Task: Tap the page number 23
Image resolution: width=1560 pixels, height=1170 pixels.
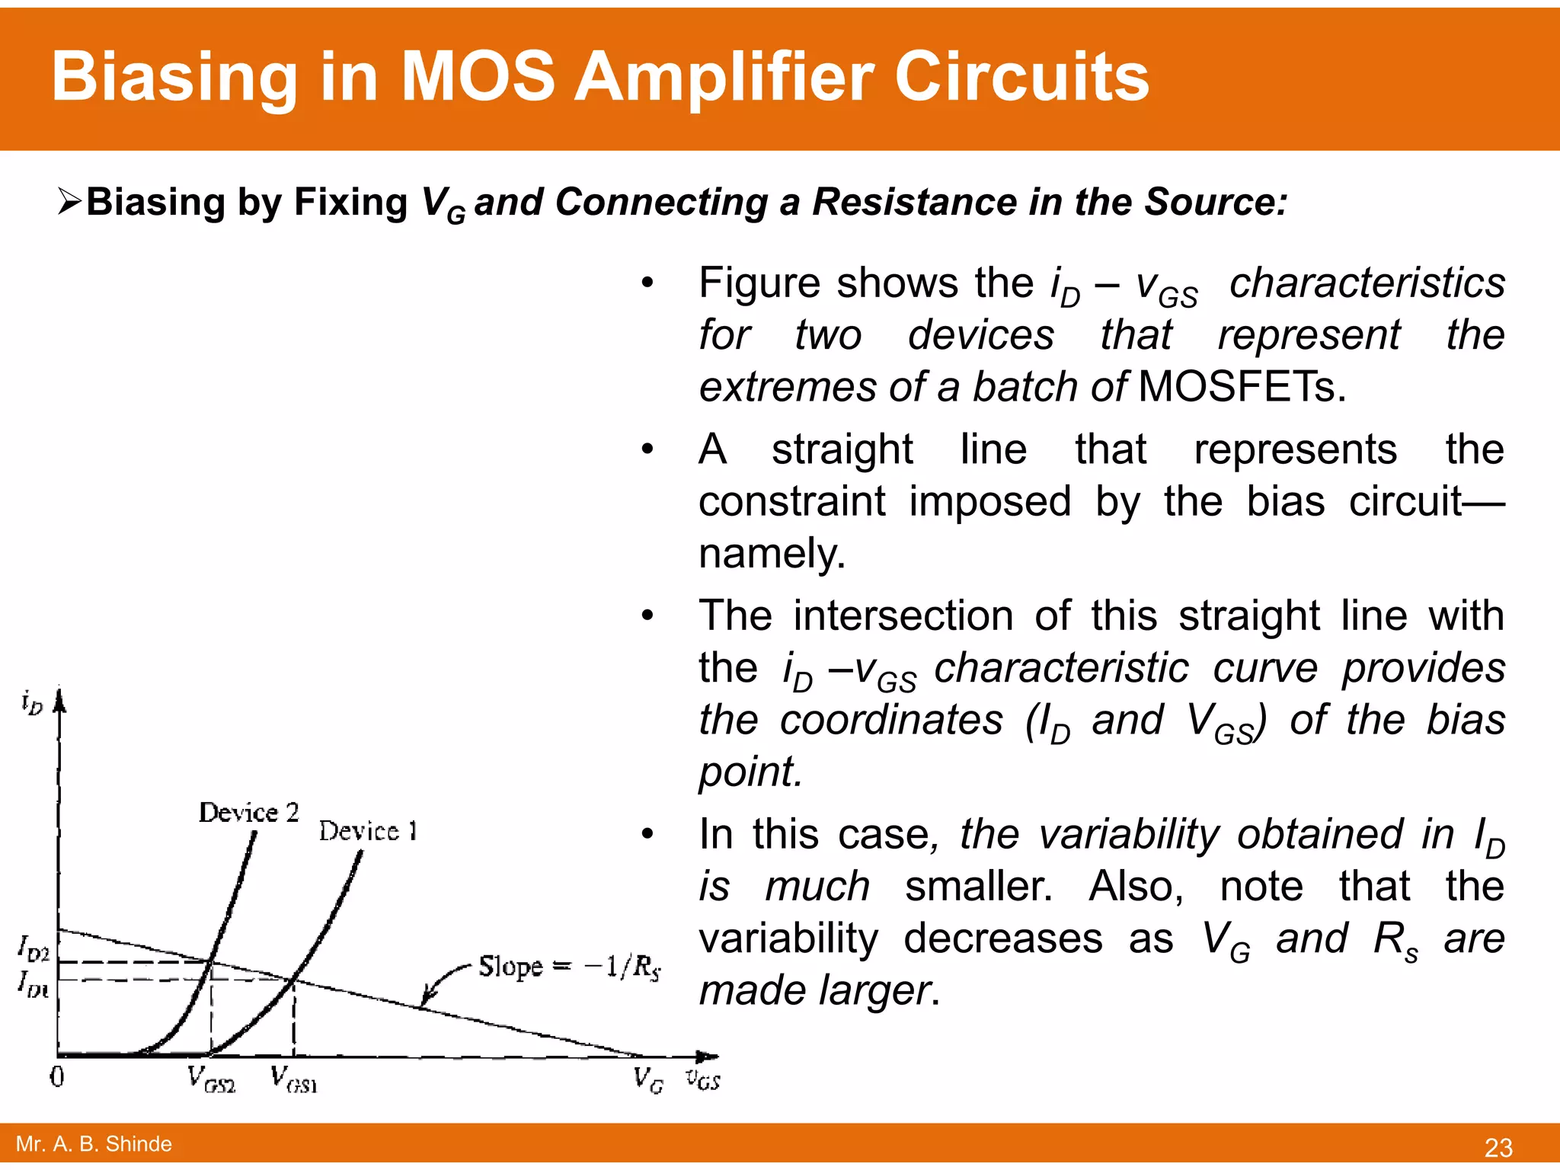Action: point(1498,1147)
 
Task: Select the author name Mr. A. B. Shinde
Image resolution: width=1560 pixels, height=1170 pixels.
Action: point(94,1143)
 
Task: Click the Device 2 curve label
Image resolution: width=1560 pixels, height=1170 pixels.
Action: point(248,813)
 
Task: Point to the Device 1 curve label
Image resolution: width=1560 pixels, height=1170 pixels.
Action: point(368,831)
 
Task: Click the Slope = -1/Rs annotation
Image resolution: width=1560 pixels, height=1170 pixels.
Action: point(569,967)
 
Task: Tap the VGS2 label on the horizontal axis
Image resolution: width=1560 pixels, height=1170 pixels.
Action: point(211,1079)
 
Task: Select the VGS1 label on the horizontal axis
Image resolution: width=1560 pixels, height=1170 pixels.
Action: point(293,1079)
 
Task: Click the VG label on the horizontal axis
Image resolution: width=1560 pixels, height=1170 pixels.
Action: point(648,1079)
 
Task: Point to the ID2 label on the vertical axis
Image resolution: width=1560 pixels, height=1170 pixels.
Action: point(34,950)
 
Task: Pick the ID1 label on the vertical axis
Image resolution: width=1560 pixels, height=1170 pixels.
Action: point(34,983)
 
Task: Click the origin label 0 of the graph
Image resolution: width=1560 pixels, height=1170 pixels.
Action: point(57,1077)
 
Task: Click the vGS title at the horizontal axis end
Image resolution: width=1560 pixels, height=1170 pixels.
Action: point(702,1079)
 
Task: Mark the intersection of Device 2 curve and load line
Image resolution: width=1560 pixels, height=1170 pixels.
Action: point(211,962)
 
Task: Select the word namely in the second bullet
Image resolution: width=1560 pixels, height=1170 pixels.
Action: point(771,553)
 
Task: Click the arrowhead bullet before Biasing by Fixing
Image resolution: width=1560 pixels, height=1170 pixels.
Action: point(69,201)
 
